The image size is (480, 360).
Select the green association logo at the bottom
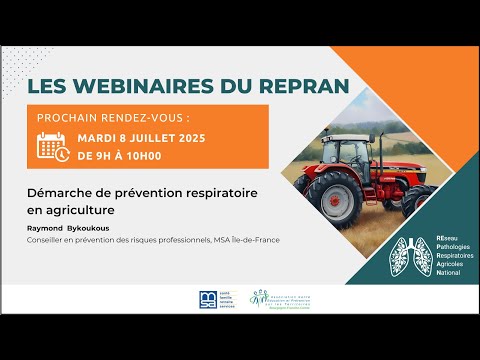263,298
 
